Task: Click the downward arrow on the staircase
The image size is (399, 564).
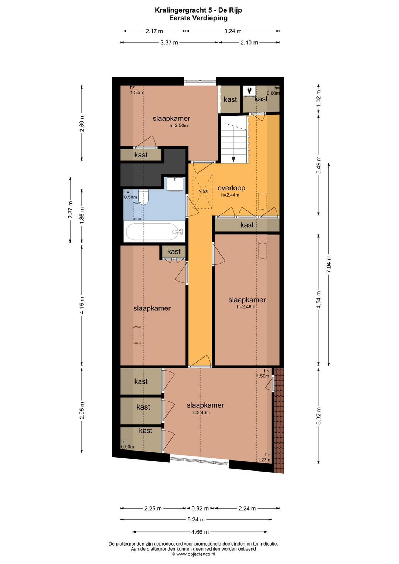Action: tap(233, 159)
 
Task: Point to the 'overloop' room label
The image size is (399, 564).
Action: tap(231, 188)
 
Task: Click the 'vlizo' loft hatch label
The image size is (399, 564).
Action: tap(204, 191)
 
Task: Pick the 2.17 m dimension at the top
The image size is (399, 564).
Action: tap(154, 31)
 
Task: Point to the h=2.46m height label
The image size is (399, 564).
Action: tap(246, 307)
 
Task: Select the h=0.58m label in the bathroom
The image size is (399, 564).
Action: tap(130, 194)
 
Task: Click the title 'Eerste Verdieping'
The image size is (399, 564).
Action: tap(198, 18)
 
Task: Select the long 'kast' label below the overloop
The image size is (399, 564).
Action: tap(247, 225)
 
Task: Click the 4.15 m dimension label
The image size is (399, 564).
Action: tap(82, 305)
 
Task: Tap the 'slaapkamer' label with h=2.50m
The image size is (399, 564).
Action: tap(171, 118)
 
